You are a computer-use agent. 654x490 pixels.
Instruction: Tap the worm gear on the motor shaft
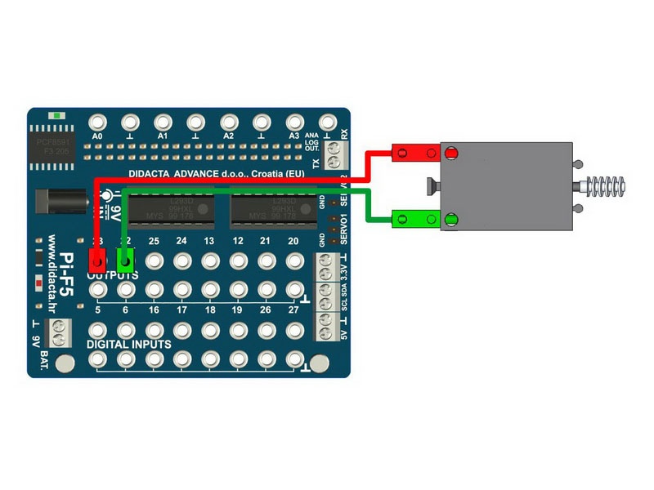[x=607, y=186]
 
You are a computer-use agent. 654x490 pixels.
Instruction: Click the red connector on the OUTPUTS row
[x=97, y=261]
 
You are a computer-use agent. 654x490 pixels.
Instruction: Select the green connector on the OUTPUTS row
[x=126, y=261]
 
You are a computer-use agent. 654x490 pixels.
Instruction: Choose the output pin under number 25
[x=154, y=262]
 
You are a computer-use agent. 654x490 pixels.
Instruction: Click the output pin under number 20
[x=294, y=262]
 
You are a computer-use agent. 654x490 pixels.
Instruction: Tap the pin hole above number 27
[x=294, y=290]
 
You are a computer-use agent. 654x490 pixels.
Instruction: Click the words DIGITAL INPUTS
[x=129, y=344]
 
